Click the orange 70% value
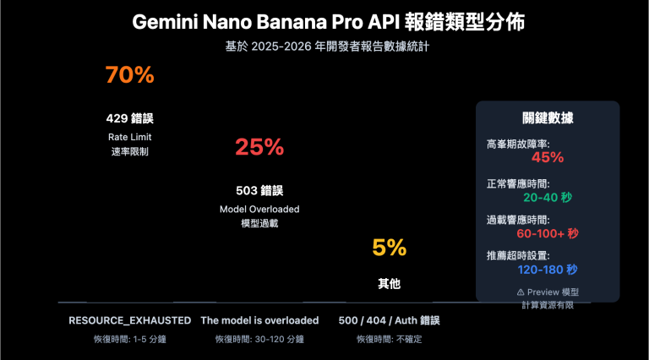(129, 75)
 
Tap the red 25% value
(259, 147)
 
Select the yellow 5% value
(390, 248)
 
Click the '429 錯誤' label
(129, 118)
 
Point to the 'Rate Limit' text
(129, 137)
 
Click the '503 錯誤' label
(259, 190)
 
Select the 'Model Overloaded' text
(259, 209)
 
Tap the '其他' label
(390, 285)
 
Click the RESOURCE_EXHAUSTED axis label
(129, 320)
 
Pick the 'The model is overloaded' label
(259, 320)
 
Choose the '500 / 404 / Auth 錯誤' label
(390, 320)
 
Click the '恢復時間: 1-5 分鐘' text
(129, 339)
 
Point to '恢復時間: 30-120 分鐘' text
(259, 339)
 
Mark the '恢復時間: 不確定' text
(390, 339)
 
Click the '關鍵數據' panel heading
(548, 119)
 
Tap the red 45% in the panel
(548, 156)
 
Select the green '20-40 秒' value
(548, 197)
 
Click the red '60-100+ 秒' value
(548, 233)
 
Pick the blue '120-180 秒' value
(548, 270)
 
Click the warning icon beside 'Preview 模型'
(521, 292)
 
